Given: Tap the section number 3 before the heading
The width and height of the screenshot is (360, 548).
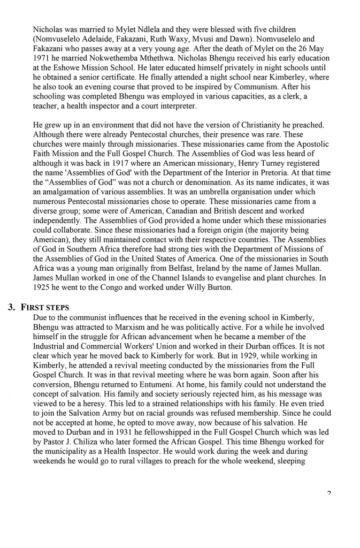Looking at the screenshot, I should [x=11, y=308].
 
